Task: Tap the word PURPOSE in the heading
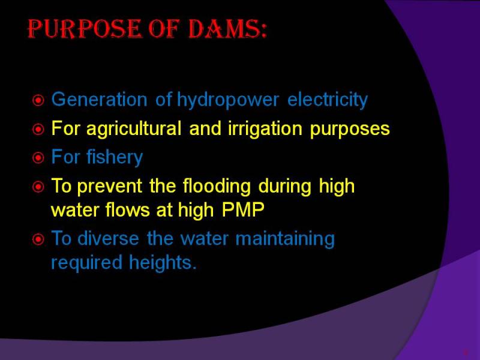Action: [x=85, y=29]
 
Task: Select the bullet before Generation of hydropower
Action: [x=38, y=100]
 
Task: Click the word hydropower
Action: [x=228, y=100]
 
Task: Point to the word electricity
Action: [x=328, y=100]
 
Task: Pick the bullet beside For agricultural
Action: [x=38, y=129]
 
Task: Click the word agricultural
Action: [x=134, y=129]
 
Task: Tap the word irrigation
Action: [x=265, y=129]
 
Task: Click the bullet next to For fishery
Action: [x=38, y=158]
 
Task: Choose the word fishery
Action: [x=115, y=158]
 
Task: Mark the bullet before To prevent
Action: [x=38, y=187]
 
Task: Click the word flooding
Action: [x=217, y=187]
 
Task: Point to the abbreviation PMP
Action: [x=243, y=210]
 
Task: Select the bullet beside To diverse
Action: [x=38, y=239]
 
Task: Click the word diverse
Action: [x=108, y=238]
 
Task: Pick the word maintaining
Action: [x=285, y=239]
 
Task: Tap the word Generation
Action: [x=100, y=100]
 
